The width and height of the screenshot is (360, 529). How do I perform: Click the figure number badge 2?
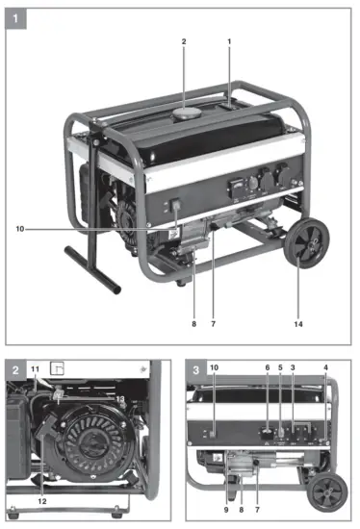point(14,369)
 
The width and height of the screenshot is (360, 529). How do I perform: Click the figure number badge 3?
point(197,369)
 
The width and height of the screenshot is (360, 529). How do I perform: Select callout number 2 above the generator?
point(183,42)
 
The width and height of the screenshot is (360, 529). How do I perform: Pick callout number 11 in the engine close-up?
point(36,369)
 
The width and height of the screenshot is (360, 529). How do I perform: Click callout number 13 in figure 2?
point(122,398)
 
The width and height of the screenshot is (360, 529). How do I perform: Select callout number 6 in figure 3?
point(267,368)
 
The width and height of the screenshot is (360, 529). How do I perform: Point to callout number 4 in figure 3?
point(326,368)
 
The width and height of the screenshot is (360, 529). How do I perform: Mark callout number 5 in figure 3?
point(279,368)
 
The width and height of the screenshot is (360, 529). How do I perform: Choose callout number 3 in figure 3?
point(293,368)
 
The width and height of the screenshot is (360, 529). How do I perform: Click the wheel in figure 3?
point(327,492)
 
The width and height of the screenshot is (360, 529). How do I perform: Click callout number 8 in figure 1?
point(193,324)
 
